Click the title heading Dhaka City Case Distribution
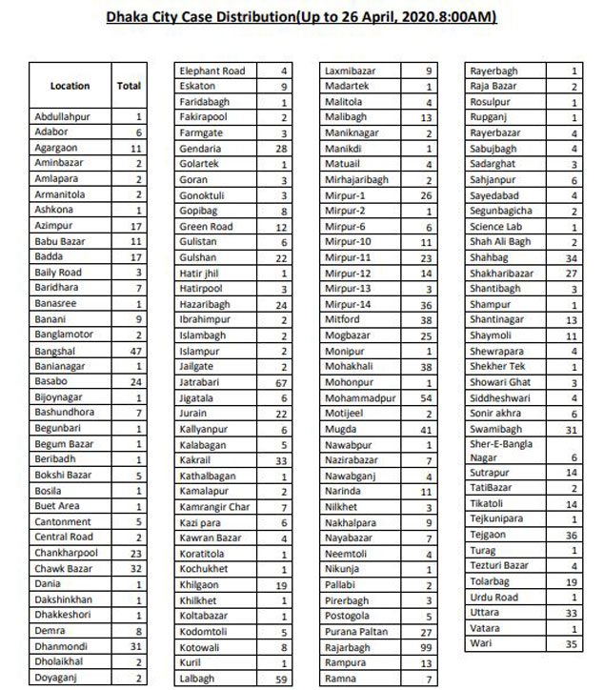(302, 18)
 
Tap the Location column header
(70, 86)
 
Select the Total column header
(129, 86)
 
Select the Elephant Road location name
(212, 71)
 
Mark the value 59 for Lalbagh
(283, 680)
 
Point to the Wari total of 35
(574, 644)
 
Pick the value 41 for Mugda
(429, 429)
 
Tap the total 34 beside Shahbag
(574, 256)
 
